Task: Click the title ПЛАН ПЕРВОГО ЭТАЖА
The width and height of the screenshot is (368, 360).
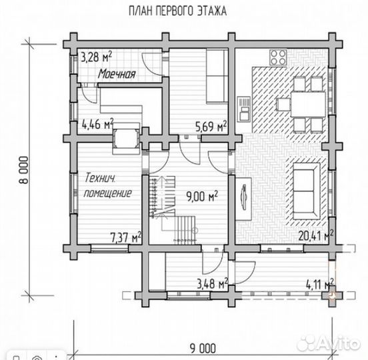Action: coord(177,11)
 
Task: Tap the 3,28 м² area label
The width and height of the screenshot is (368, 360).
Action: coord(96,57)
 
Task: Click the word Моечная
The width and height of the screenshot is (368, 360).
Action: coord(117,74)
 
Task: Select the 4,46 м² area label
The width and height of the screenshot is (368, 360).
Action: coord(97,124)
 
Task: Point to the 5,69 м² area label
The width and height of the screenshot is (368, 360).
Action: coord(211,126)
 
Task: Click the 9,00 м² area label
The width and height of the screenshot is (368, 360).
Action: coord(202,196)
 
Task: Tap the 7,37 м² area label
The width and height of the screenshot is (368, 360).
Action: coord(126,237)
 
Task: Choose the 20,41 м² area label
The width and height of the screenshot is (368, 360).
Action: coord(316,235)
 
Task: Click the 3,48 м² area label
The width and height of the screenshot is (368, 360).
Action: coord(213,283)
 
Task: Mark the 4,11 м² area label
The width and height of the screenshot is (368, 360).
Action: coord(320,285)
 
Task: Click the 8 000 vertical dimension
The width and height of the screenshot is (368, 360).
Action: coord(25,170)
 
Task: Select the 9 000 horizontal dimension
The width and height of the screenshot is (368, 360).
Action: coord(203,349)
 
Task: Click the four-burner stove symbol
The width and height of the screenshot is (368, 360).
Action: coord(278,57)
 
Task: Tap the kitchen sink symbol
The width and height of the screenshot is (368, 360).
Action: coord(243,109)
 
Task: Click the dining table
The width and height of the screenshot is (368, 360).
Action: coord(308,104)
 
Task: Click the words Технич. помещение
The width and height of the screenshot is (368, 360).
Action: coord(107,185)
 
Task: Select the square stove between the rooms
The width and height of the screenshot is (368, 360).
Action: coord(126,139)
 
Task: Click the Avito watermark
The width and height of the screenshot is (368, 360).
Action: coord(328,343)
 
